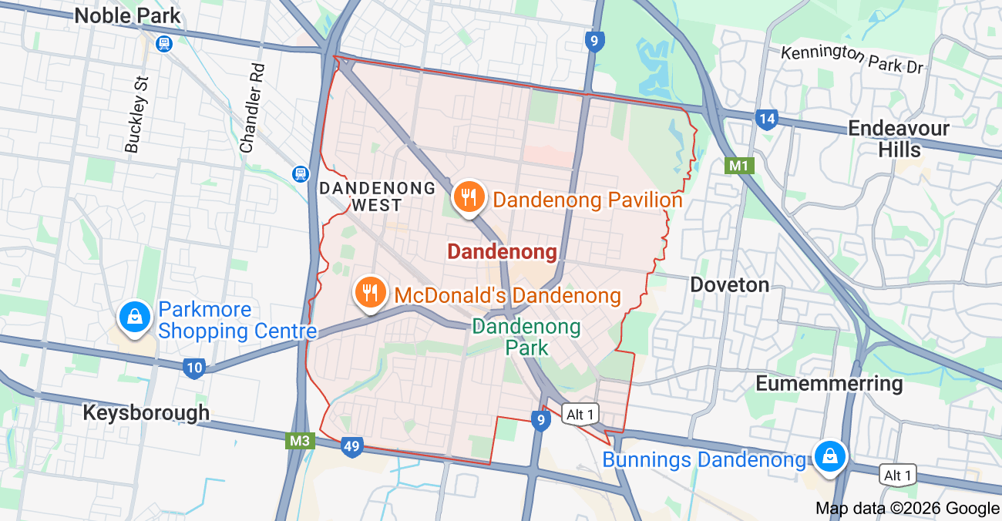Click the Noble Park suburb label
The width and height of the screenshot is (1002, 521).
[x=128, y=15]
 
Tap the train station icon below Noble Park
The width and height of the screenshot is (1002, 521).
[x=163, y=44]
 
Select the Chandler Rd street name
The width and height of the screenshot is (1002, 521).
[x=252, y=108]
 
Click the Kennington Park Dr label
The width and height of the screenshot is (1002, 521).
[x=852, y=59]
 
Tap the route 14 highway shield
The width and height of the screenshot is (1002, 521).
[x=766, y=119]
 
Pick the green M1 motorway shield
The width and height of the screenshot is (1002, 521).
[x=738, y=165]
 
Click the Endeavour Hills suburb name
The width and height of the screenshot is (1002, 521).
[x=899, y=139]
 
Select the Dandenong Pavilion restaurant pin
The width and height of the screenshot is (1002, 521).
[x=468, y=197]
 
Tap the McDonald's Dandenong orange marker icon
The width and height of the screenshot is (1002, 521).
[x=370, y=292]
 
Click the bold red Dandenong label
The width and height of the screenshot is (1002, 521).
[x=502, y=252]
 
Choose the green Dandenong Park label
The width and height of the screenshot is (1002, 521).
[x=526, y=337]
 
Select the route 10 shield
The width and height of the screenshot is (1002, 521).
[x=194, y=368]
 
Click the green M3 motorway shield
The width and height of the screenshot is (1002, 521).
[x=299, y=441]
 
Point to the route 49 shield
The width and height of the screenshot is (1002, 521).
[x=351, y=446]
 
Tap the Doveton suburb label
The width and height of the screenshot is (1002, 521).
[x=729, y=285]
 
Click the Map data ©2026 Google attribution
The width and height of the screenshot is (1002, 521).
[x=907, y=508]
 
